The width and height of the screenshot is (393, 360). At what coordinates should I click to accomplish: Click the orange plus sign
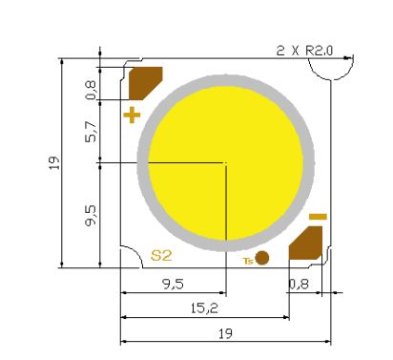(132, 115)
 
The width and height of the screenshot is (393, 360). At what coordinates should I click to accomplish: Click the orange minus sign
(318, 217)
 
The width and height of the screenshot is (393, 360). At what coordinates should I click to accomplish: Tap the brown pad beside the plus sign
(145, 83)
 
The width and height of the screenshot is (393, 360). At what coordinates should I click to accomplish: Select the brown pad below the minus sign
(305, 243)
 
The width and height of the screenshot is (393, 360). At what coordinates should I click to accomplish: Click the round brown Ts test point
(262, 258)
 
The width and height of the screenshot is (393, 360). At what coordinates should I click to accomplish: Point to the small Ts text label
(248, 261)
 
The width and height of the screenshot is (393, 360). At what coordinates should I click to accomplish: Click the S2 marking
(161, 255)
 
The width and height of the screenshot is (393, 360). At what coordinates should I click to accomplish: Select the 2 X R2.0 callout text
(304, 51)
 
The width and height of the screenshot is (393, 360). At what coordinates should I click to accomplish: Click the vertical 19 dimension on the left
(54, 162)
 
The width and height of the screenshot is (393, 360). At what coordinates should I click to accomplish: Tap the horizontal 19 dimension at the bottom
(225, 334)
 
